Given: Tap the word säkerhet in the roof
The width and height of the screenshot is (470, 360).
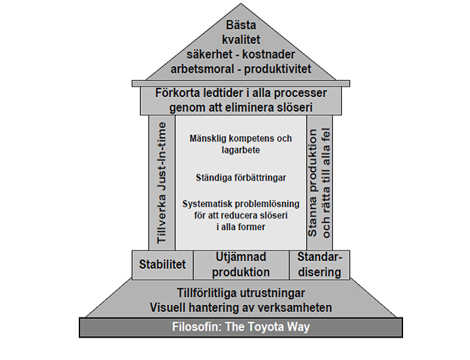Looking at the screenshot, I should click(x=210, y=55).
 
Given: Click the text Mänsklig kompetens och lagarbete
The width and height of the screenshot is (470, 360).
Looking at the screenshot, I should click(x=240, y=144).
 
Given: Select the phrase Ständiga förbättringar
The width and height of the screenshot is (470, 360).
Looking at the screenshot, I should click(x=240, y=178).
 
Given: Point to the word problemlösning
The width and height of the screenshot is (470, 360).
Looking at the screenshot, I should click(x=257, y=204).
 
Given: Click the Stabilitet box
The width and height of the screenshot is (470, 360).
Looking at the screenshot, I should click(x=162, y=265).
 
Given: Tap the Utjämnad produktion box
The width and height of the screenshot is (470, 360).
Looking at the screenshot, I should click(x=241, y=265).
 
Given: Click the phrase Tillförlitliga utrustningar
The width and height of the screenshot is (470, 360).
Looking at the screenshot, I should click(x=241, y=292).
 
